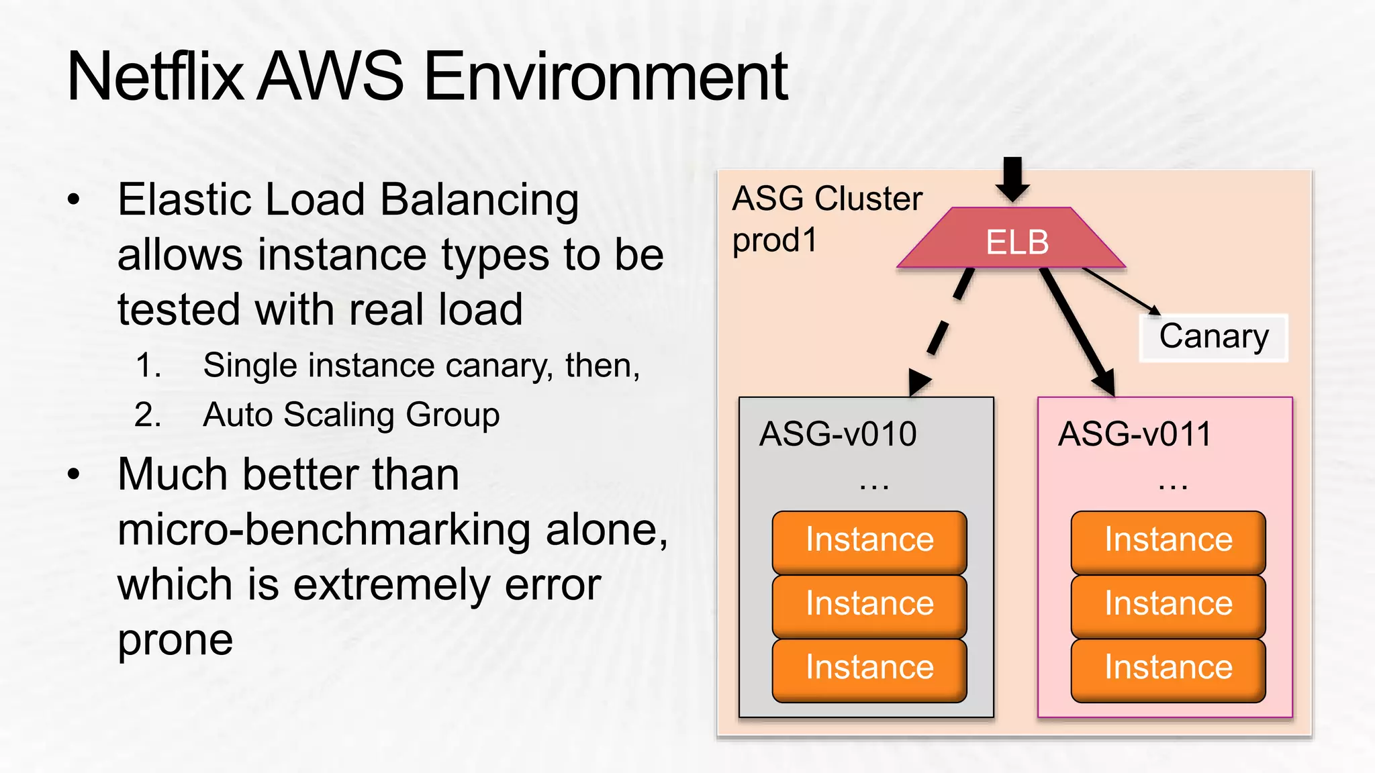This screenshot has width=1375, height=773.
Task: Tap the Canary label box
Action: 1213,338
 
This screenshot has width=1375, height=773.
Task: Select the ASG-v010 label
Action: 838,434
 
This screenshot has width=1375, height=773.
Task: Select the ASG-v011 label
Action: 1135,434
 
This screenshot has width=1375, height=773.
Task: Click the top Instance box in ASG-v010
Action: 869,541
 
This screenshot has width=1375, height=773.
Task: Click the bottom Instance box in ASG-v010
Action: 869,668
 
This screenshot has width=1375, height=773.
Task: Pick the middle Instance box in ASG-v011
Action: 1168,605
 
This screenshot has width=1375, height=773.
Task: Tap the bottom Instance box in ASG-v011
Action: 1168,668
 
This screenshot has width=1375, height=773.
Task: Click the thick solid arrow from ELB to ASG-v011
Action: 1078,331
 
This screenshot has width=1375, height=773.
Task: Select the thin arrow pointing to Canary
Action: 1121,290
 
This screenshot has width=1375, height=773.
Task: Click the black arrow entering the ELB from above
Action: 1012,178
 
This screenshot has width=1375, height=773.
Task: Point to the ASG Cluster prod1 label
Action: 826,219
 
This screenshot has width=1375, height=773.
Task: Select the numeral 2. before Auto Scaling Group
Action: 148,415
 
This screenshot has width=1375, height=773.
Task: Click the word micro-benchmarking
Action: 326,531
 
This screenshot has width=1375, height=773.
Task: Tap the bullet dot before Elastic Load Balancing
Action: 74,200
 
